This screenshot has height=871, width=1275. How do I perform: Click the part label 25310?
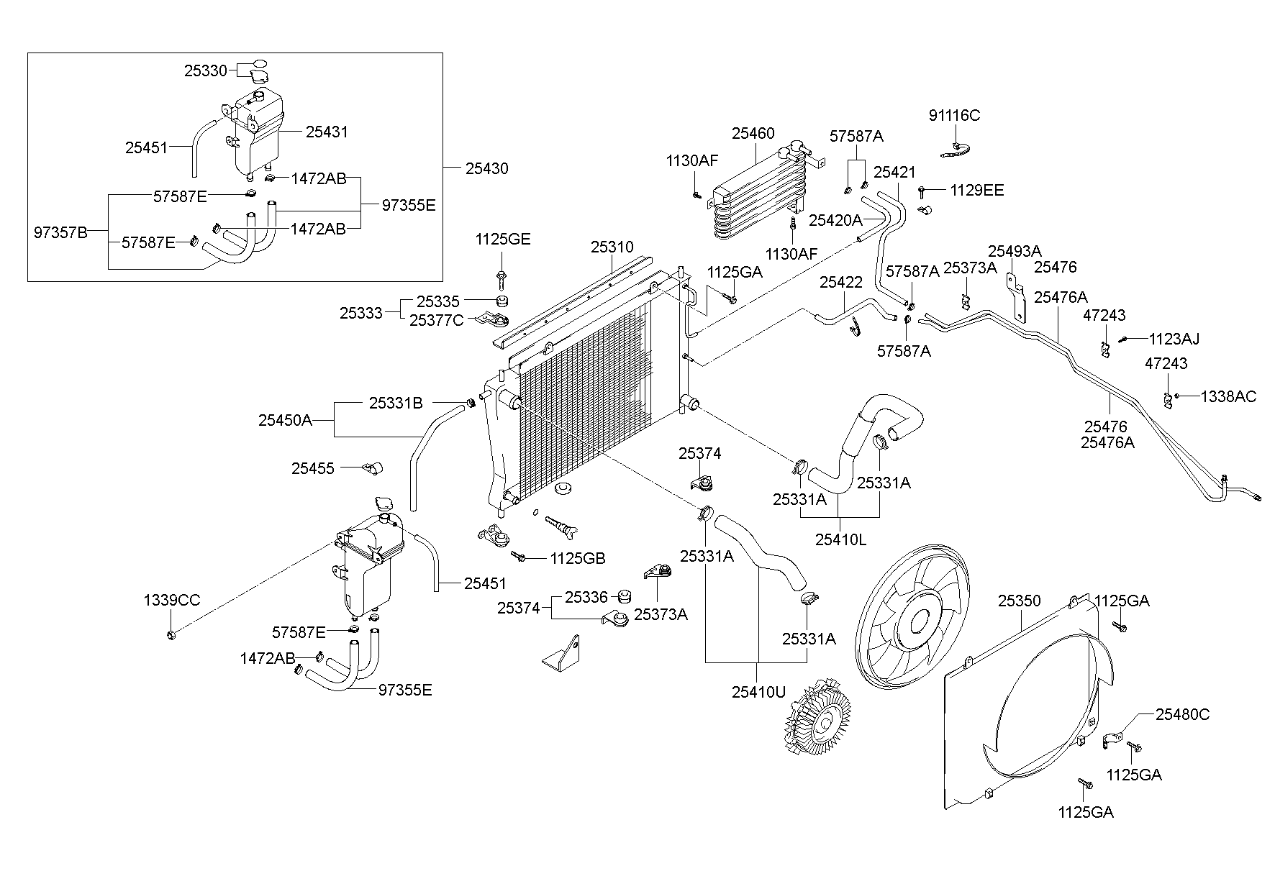[x=612, y=247]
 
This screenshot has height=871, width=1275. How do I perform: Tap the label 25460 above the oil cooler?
[x=753, y=133]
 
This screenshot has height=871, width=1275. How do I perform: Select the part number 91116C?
[x=954, y=116]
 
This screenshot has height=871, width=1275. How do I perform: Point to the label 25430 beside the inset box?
[x=486, y=168]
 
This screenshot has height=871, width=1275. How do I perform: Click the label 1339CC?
[x=171, y=600]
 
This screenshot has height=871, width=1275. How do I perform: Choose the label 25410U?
[x=759, y=692]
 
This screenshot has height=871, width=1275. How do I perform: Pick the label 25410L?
[x=841, y=539]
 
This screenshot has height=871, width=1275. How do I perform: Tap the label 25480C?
[x=1183, y=714]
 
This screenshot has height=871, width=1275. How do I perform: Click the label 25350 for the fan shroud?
[x=1019, y=601]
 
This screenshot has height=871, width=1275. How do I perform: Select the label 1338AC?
[x=1228, y=396]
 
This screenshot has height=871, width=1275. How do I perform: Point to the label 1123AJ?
[x=1174, y=339]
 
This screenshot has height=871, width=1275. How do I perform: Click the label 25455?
[x=313, y=468]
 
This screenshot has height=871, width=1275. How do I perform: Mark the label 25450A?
[x=286, y=420]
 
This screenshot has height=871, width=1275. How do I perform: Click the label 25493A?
[x=1015, y=251]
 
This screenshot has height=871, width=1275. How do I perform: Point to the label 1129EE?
[x=976, y=191]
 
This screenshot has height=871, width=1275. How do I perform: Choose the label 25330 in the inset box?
[x=206, y=70]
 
